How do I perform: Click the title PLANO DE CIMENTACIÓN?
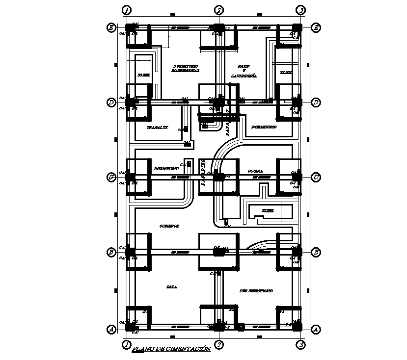click(x=172, y=349)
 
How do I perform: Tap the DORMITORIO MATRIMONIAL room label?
click(x=185, y=68)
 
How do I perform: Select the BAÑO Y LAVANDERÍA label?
click(x=244, y=71)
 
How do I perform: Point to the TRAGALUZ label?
click(x=157, y=127)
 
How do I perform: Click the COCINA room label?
click(x=255, y=171)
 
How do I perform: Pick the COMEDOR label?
click(x=169, y=226)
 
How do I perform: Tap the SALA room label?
click(x=171, y=287)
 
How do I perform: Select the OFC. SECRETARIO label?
click(x=256, y=291)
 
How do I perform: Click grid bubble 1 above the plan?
click(x=127, y=10)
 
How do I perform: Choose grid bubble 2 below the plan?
click(x=219, y=345)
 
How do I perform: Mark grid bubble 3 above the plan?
click(x=301, y=10)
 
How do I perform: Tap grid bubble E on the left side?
click(x=111, y=28)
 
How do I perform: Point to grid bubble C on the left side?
click(x=111, y=177)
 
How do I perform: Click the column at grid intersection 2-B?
click(x=218, y=252)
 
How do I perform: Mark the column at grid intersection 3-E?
click(x=297, y=28)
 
